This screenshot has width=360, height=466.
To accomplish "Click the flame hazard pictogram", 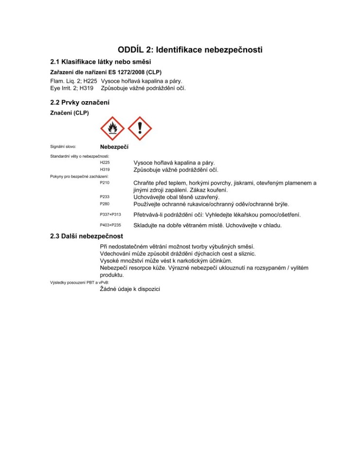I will [x=112, y=128].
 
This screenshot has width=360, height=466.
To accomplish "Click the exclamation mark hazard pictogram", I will [x=140, y=128].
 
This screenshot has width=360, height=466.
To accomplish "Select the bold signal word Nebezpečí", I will [x=114, y=146].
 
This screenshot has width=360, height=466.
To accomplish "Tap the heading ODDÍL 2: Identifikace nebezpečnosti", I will [x=190, y=50].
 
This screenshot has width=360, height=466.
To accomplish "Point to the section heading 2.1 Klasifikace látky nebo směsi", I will [x=101, y=62].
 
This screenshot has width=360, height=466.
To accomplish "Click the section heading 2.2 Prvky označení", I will [x=80, y=103].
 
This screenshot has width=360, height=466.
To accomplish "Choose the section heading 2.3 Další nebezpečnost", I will [x=87, y=236].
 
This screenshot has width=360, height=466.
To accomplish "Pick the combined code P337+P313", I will [x=110, y=215].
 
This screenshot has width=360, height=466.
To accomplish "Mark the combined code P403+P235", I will [x=110, y=225].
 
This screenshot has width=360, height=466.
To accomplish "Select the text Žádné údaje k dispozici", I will [x=130, y=289].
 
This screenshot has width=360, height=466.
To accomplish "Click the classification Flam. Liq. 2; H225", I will [x=74, y=81].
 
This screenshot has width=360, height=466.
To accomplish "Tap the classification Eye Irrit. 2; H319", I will [x=72, y=88].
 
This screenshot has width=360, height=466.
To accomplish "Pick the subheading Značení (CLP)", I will [x=70, y=113].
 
